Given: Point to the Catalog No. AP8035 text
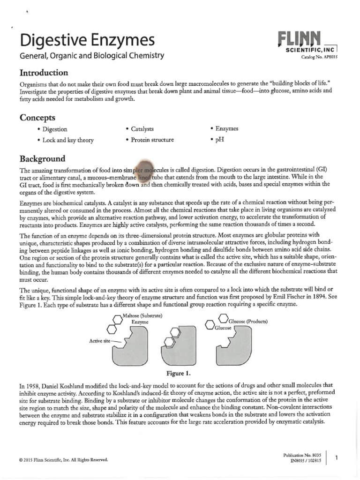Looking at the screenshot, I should point(321,58).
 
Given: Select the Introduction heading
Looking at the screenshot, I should point(44,73).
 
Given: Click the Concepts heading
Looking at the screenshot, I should point(37,117).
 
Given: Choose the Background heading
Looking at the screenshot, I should point(42,158).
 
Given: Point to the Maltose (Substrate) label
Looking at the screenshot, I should point(142,315).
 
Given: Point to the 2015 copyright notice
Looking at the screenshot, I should point(64,460).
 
